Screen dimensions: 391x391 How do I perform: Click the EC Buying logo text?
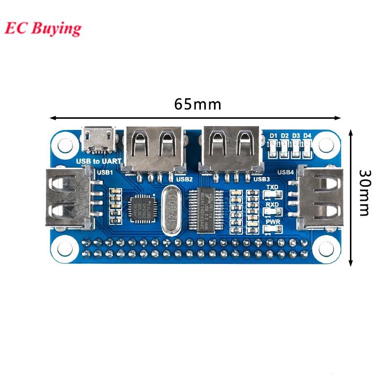(43, 28)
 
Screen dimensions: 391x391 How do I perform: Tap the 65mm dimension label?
(197, 105)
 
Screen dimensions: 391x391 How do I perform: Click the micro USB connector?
(99, 140)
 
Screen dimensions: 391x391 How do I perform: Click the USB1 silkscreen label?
(105, 172)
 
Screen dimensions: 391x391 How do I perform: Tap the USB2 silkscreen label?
(184, 179)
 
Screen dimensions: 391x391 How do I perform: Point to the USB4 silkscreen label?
(285, 172)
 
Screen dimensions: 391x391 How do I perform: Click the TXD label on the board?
(272, 187)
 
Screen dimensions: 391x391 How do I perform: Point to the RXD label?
(272, 205)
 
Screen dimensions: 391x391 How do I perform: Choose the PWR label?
(272, 222)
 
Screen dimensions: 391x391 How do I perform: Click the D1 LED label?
(273, 135)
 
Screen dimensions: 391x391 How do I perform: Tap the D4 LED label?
(307, 135)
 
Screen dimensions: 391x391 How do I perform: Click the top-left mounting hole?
(65, 145)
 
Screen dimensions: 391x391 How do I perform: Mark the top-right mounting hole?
(324, 145)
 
